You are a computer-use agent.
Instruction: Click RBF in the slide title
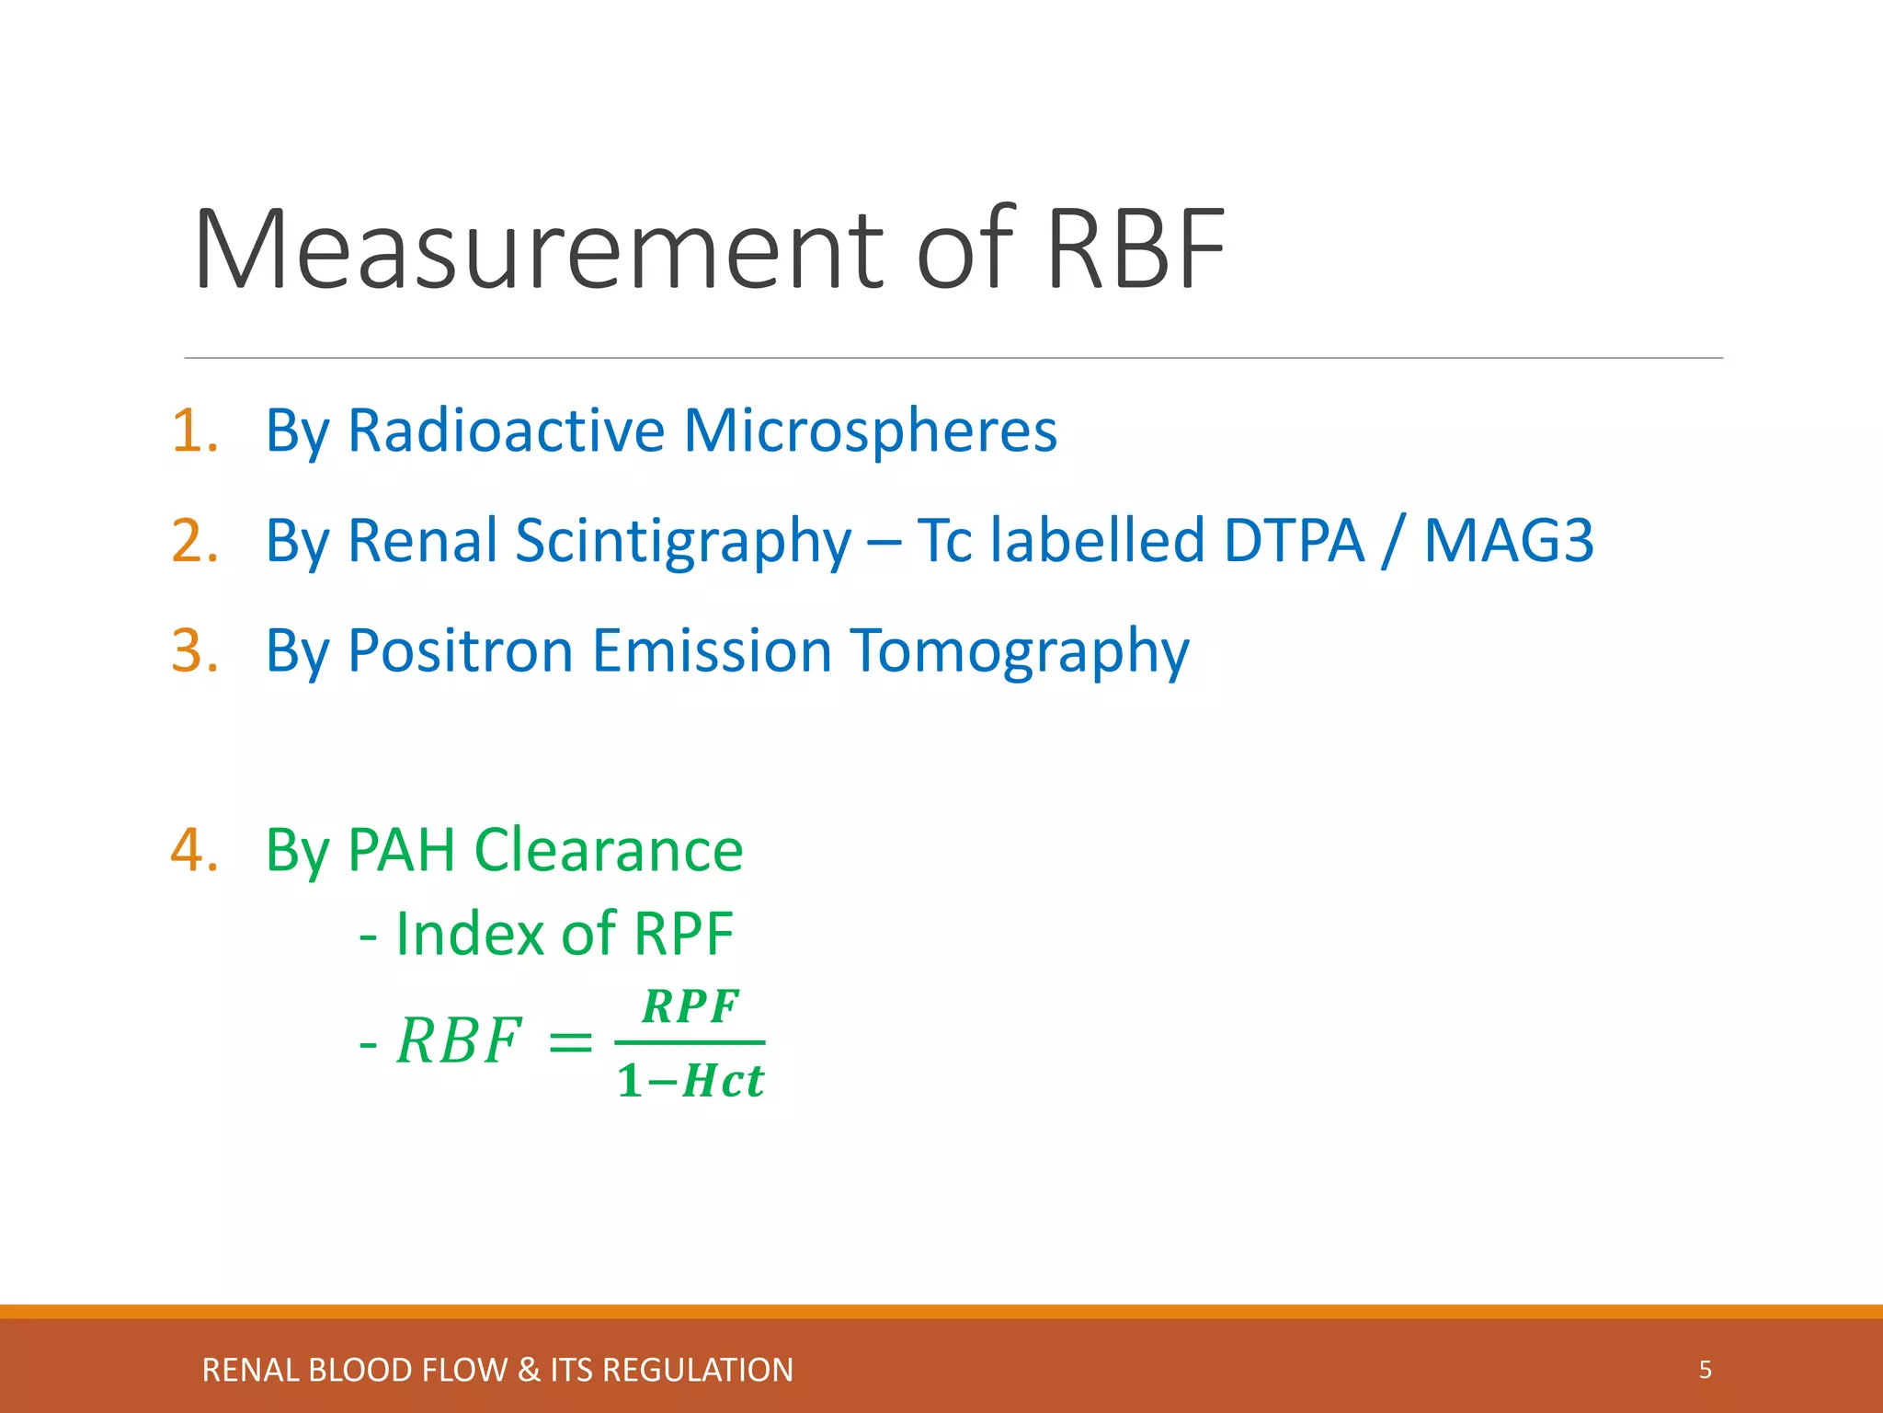(x=1135, y=250)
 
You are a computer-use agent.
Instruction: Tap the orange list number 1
(x=194, y=431)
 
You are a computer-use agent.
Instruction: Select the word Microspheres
(x=870, y=431)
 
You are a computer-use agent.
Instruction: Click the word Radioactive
(x=506, y=431)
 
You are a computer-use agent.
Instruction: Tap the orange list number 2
(x=194, y=540)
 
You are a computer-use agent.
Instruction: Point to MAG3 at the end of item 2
(x=1508, y=540)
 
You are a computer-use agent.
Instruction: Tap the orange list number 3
(x=194, y=650)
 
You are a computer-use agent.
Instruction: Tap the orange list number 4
(x=194, y=849)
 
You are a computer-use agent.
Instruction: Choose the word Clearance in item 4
(x=608, y=849)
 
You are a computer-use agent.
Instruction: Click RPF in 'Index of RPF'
(x=683, y=934)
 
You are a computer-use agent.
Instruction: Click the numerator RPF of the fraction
(x=690, y=1006)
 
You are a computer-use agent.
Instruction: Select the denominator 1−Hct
(x=690, y=1081)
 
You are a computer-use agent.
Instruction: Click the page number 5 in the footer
(x=1705, y=1370)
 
